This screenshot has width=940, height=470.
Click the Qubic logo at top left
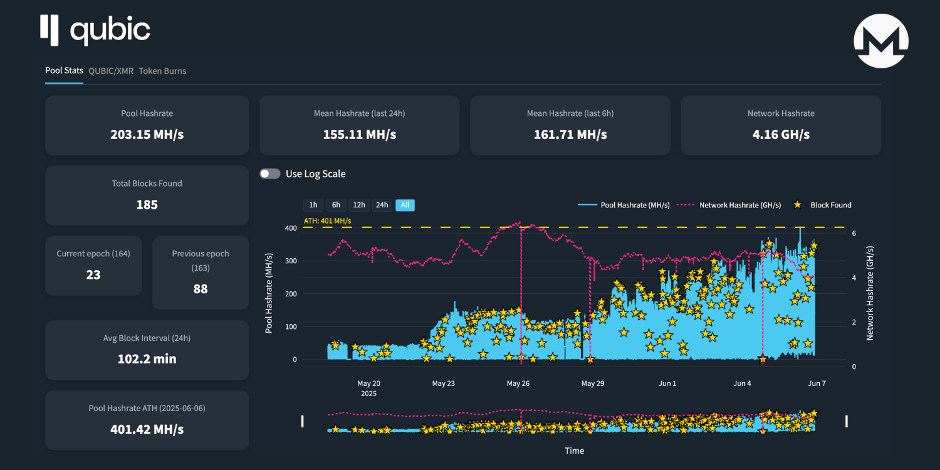pyautogui.click(x=95, y=31)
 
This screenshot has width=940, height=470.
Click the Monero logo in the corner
pyautogui.click(x=880, y=41)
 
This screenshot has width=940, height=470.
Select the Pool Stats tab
pyautogui.click(x=64, y=71)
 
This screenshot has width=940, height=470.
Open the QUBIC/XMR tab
pyautogui.click(x=111, y=71)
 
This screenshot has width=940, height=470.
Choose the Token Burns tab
pyautogui.click(x=162, y=71)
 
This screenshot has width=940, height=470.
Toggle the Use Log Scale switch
pyautogui.click(x=270, y=174)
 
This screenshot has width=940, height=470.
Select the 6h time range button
pyautogui.click(x=336, y=205)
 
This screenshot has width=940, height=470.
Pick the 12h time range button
pyautogui.click(x=359, y=205)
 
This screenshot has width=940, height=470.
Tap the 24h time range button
pyautogui.click(x=382, y=205)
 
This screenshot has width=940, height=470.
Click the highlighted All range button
pyautogui.click(x=405, y=205)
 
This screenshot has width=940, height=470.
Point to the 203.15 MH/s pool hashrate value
pyautogui.click(x=147, y=135)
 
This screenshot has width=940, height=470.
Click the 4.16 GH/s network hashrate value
pyautogui.click(x=781, y=135)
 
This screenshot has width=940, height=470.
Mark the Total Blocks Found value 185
pyautogui.click(x=147, y=205)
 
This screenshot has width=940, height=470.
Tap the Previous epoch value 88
pyautogui.click(x=201, y=289)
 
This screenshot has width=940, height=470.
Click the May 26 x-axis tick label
pyautogui.click(x=518, y=384)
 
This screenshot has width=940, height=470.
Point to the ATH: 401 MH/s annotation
pyautogui.click(x=327, y=221)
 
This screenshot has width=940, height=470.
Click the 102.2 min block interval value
pyautogui.click(x=147, y=359)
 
